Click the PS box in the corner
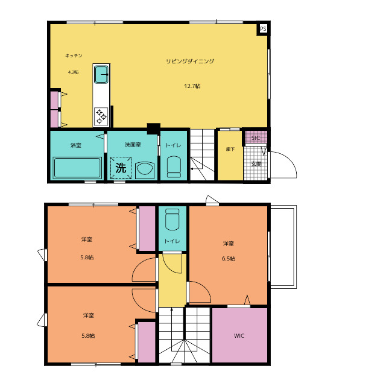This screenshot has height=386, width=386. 263,29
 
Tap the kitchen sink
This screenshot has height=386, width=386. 101,74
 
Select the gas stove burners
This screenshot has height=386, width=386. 101,116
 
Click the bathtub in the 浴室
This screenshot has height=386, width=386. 77,168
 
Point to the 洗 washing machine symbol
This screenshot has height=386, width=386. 121,168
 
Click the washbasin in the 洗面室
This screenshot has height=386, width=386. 145,170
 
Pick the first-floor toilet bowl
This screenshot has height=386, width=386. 174,167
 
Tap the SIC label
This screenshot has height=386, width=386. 256,138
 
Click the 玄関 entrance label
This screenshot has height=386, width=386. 256,164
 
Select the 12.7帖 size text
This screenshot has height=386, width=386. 192,86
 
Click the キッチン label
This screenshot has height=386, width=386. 74,55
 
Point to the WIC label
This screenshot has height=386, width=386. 239,336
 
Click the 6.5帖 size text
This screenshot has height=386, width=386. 229,259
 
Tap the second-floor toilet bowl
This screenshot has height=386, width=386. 172,219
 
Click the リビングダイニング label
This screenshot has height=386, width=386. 190,61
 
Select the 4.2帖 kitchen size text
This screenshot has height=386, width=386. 74,72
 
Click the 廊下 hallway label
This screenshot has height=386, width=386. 230,149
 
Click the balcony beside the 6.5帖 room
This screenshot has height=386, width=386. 283,247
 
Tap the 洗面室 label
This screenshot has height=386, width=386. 133,145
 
